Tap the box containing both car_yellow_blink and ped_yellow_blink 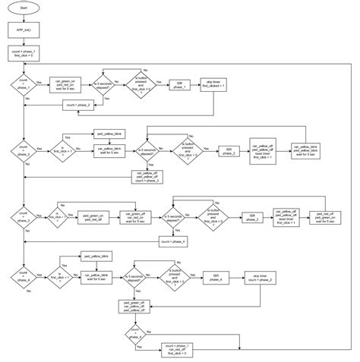pyautogui.click(x=305, y=150)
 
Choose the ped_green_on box pyautogui.click(x=93, y=217)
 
